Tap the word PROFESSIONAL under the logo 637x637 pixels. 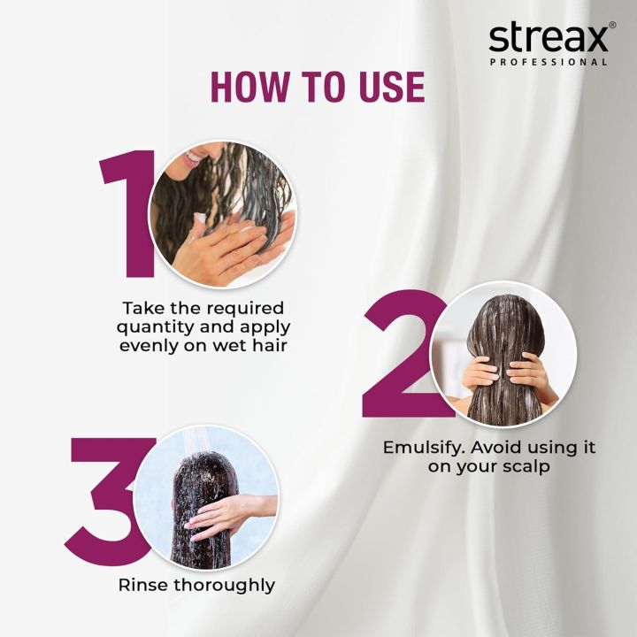click(x=549, y=63)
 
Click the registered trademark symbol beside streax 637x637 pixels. click(x=612, y=27)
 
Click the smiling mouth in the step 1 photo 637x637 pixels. click(x=194, y=157)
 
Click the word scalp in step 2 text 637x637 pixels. click(x=518, y=466)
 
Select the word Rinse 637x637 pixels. click(x=142, y=585)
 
